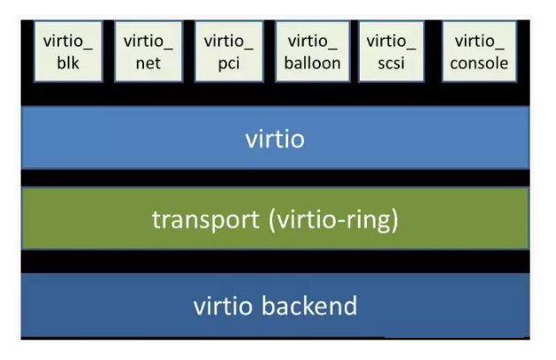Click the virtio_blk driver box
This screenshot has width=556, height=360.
coord(68,51)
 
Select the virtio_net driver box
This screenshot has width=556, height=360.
coord(148,51)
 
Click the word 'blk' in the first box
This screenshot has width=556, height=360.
coord(68,63)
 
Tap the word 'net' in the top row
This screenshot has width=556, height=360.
coord(148,63)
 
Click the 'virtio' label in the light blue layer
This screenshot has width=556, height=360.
coord(275,138)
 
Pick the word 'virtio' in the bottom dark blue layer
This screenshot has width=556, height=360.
coord(225,306)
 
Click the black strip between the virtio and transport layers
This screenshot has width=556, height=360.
coord(275,178)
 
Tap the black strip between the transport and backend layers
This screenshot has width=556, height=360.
coord(275,262)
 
